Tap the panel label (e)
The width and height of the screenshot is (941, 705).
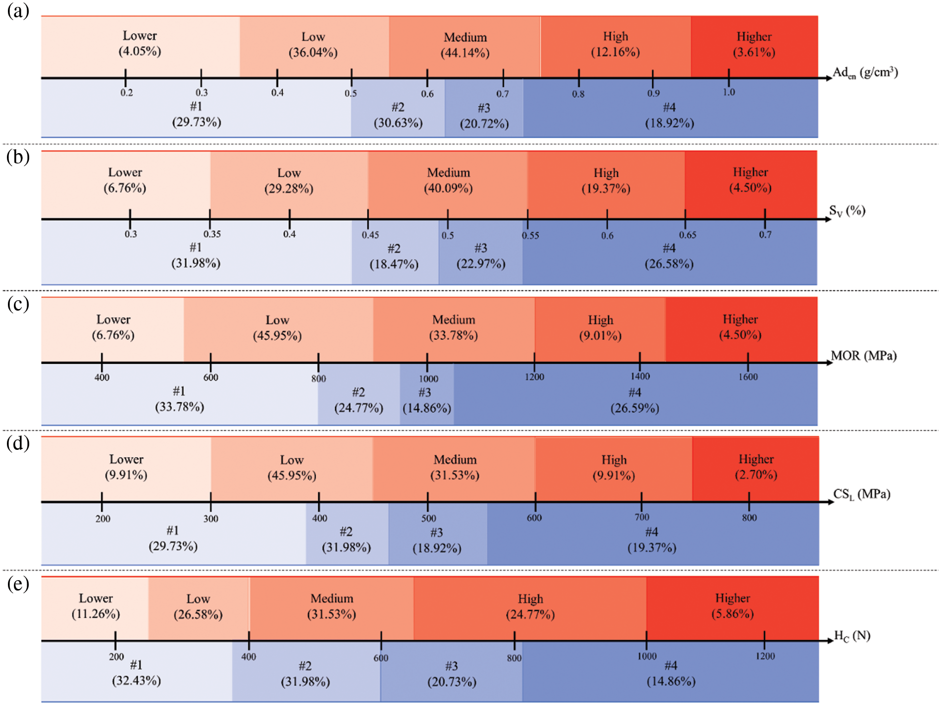click(18, 584)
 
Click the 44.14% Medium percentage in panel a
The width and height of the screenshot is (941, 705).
click(465, 53)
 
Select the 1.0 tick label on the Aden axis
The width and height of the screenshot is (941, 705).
click(729, 92)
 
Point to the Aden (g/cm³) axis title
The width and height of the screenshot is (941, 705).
click(865, 73)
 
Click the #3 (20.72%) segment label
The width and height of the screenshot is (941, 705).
click(484, 116)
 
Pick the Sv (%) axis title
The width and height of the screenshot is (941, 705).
click(847, 211)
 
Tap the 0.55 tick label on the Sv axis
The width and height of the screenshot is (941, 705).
click(530, 235)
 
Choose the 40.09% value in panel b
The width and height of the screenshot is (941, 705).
click(448, 189)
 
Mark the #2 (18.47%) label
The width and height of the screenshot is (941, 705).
click(394, 256)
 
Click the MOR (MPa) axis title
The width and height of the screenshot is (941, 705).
click(864, 356)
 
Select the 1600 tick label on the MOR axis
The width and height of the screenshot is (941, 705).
click(748, 377)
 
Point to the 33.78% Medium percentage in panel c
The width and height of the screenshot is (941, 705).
click(454, 336)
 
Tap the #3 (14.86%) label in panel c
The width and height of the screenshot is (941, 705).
click(426, 400)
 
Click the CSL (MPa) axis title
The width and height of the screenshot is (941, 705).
click(861, 494)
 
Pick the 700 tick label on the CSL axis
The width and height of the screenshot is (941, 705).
click(642, 517)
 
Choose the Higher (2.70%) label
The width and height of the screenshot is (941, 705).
click(756, 467)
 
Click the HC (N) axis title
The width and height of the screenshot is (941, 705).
click(852, 636)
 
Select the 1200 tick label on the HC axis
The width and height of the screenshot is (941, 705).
click(765, 656)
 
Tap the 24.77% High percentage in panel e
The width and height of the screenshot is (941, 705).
click(530, 615)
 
